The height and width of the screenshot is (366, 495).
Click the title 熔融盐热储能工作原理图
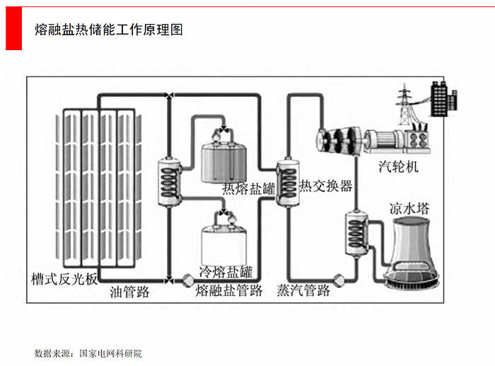(x=109, y=30)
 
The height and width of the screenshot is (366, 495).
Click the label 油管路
(x=130, y=291)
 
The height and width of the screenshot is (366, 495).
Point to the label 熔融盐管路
(x=229, y=291)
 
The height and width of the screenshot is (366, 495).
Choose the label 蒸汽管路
(x=303, y=291)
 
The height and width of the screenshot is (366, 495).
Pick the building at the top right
(x=443, y=97)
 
